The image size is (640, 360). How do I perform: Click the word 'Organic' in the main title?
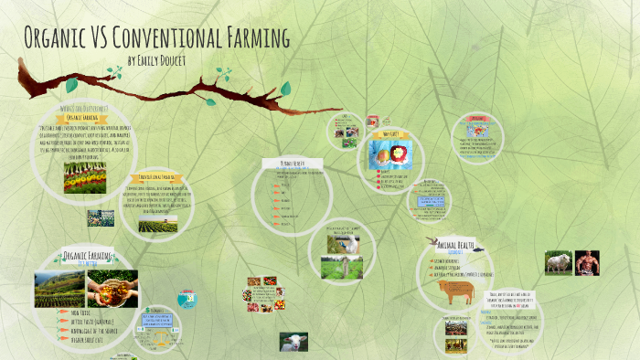click(56, 39)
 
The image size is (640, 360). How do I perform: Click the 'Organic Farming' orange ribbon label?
click(83, 118)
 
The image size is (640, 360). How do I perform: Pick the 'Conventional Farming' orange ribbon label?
click(156, 176)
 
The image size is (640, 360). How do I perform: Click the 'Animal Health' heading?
click(453, 244)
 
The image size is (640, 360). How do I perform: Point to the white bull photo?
click(558, 263)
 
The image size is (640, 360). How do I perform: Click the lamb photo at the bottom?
click(293, 341)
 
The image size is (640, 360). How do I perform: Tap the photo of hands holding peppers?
click(113, 288)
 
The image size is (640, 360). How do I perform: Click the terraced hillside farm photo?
click(60, 288)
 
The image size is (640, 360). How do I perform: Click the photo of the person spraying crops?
click(344, 242)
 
